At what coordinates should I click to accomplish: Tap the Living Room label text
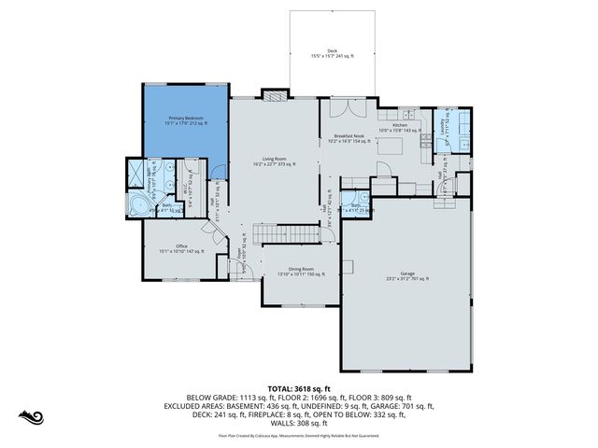(x=274, y=161)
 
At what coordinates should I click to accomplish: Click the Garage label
(x=407, y=276)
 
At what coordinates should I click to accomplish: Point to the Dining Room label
(x=301, y=272)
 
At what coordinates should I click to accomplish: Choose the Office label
(x=181, y=249)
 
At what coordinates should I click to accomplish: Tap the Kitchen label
(x=400, y=127)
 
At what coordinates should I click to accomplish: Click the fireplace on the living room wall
(x=273, y=94)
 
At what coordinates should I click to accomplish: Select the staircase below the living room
(x=287, y=231)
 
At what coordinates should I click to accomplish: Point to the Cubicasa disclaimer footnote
(x=299, y=436)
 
